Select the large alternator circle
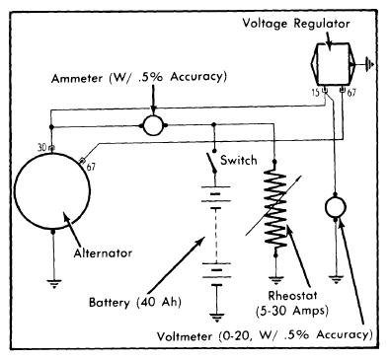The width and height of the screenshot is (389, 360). (16, 190)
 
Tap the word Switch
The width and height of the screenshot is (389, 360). (239, 160)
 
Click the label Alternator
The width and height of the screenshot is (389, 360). (103, 253)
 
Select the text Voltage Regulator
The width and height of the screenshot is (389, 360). (296, 24)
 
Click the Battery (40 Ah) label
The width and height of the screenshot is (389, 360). (135, 302)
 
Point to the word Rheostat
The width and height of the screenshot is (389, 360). (293, 295)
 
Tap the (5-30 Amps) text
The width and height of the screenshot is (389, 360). (292, 311)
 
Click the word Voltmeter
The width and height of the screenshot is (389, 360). (185, 336)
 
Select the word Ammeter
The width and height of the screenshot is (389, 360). (77, 79)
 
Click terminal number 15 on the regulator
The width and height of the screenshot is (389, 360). (316, 93)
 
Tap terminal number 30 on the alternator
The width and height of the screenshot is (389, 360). (42, 148)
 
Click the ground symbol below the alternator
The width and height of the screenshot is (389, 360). (54, 283)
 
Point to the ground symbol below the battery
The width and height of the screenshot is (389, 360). (216, 318)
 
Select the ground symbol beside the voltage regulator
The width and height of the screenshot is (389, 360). (370, 63)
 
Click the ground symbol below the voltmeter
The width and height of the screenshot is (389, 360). (336, 280)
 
